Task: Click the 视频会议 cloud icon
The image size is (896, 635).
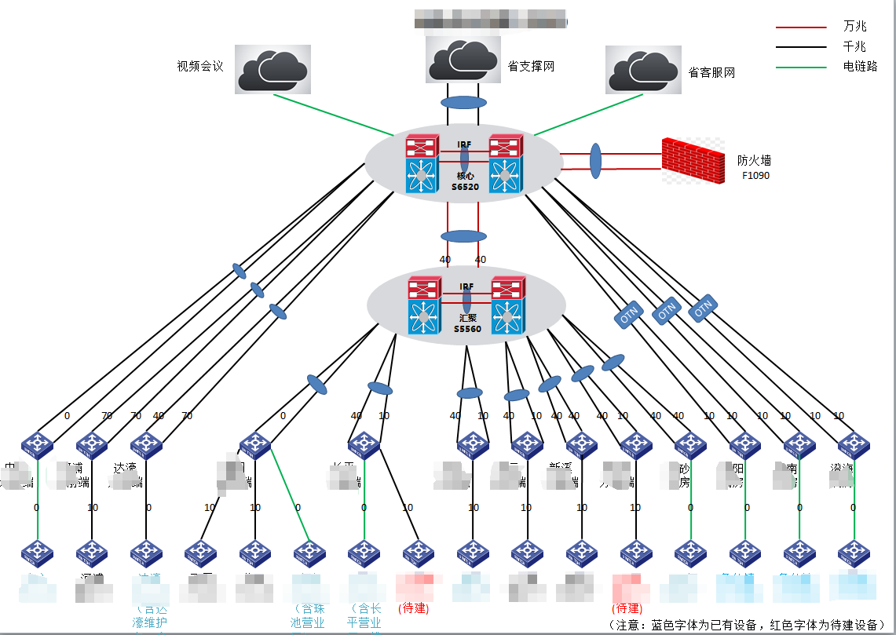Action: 271,68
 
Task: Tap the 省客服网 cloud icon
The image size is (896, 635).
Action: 642,69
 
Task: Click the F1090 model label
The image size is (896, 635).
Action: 755,176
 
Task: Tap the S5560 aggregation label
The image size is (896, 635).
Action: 467,329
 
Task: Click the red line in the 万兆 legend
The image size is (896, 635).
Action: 801,27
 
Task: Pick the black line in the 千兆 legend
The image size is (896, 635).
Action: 801,47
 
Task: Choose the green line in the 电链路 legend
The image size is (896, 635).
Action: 801,67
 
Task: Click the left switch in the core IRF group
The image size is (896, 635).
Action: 422,163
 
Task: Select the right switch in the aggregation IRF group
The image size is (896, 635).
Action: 507,305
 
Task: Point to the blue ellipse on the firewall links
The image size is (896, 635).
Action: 595,161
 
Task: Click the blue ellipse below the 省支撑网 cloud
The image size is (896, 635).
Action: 463,103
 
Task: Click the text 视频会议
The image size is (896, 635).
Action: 200,67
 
